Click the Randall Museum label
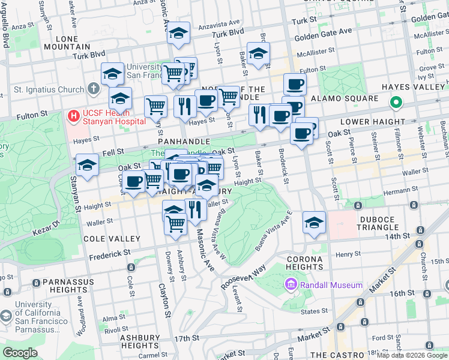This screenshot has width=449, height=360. pyautogui.click(x=331, y=285)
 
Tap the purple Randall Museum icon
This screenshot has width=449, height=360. pyautogui.click(x=291, y=284)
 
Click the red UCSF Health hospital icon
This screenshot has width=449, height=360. pyautogui.click(x=74, y=115)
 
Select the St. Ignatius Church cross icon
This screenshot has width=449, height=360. pyautogui.click(x=93, y=89)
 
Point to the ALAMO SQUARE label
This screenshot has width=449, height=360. pyautogui.click(x=348, y=98)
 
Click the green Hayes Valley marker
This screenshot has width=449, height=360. pyautogui.click(x=396, y=103)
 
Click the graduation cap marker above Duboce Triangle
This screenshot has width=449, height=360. pyautogui.click(x=314, y=223)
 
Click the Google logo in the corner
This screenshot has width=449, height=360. pyautogui.click(x=20, y=353)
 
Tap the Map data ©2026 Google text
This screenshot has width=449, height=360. pyautogui.click(x=412, y=355)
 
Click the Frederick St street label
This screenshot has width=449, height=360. pyautogui.click(x=110, y=255)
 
